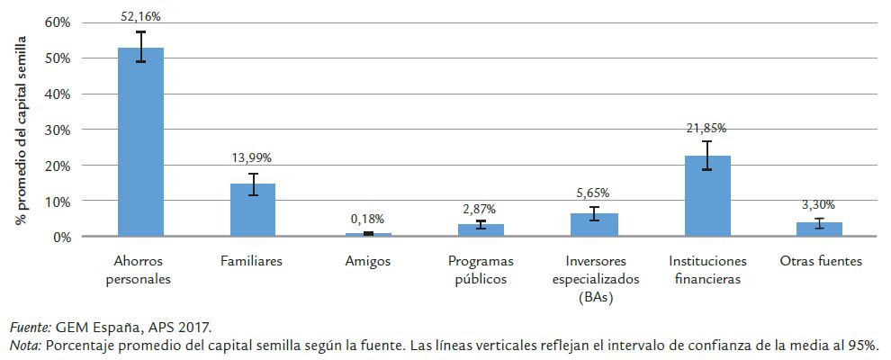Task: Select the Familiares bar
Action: pyautogui.click(x=253, y=211)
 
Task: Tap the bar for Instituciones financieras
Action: pyautogui.click(x=708, y=196)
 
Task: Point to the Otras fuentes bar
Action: pyautogui.click(x=819, y=229)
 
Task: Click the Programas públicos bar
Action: pyautogui.click(x=481, y=230)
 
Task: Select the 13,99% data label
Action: pyautogui.click(x=253, y=158)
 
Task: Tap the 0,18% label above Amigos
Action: pyautogui.click(x=367, y=219)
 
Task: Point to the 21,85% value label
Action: pyautogui.click(x=708, y=127)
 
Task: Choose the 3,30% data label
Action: pyautogui.click(x=819, y=204)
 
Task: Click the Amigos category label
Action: pyautogui.click(x=367, y=262)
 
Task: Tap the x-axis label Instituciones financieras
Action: pyautogui.click(x=708, y=270)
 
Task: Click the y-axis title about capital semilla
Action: pyautogui.click(x=20, y=130)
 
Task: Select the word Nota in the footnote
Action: pyautogui.click(x=24, y=346)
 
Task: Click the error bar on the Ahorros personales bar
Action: pyautogui.click(x=141, y=46)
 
